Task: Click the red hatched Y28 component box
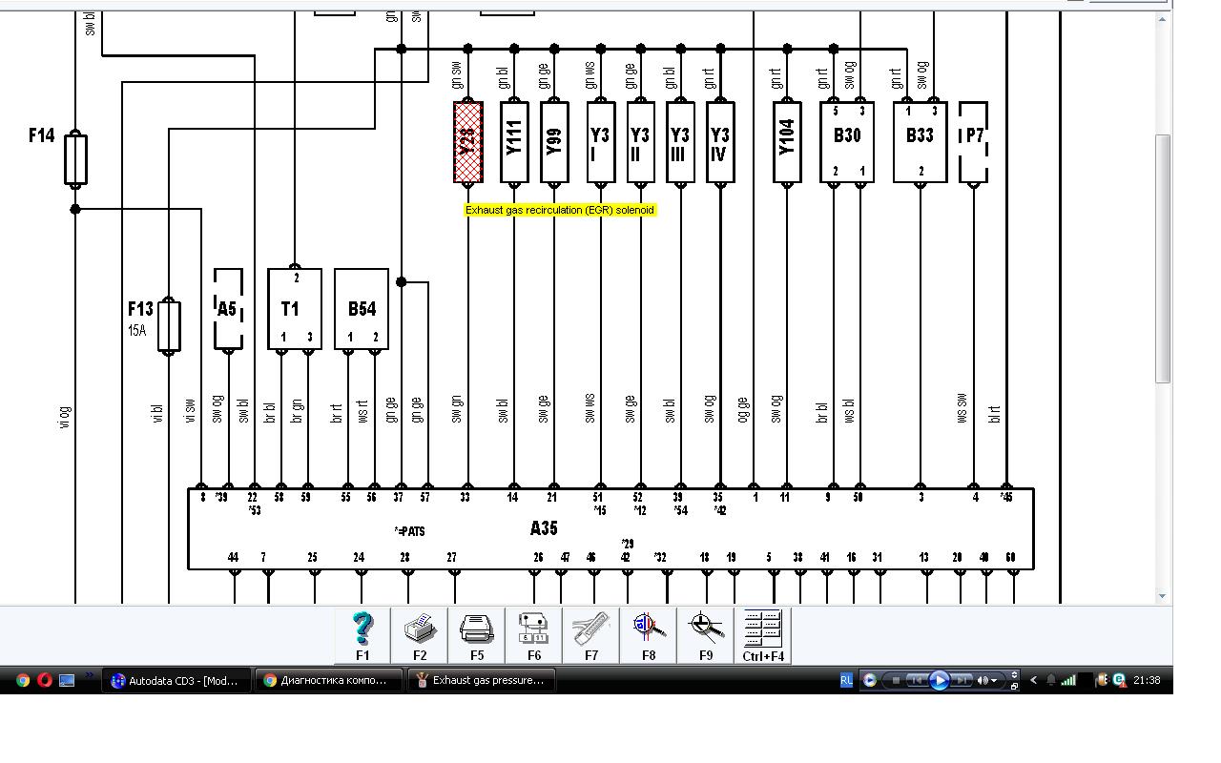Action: coord(467,141)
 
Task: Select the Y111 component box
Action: coord(514,141)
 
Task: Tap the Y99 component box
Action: coord(554,141)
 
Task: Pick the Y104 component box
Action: coord(786,141)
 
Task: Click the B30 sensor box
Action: coord(847,141)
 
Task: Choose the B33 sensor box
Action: coord(920,141)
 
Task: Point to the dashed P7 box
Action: coord(973,141)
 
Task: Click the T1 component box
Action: coord(294,309)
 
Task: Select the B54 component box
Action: coord(362,309)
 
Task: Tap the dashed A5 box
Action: coord(228,309)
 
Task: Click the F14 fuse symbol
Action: coord(75,159)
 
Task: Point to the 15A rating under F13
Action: coord(137,331)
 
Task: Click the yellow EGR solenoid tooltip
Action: coord(560,210)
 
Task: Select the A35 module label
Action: coord(544,527)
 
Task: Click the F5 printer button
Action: coord(477,634)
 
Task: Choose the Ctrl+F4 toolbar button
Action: coord(763,634)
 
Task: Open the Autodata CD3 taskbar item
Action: coord(177,680)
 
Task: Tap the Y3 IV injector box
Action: coord(720,141)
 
